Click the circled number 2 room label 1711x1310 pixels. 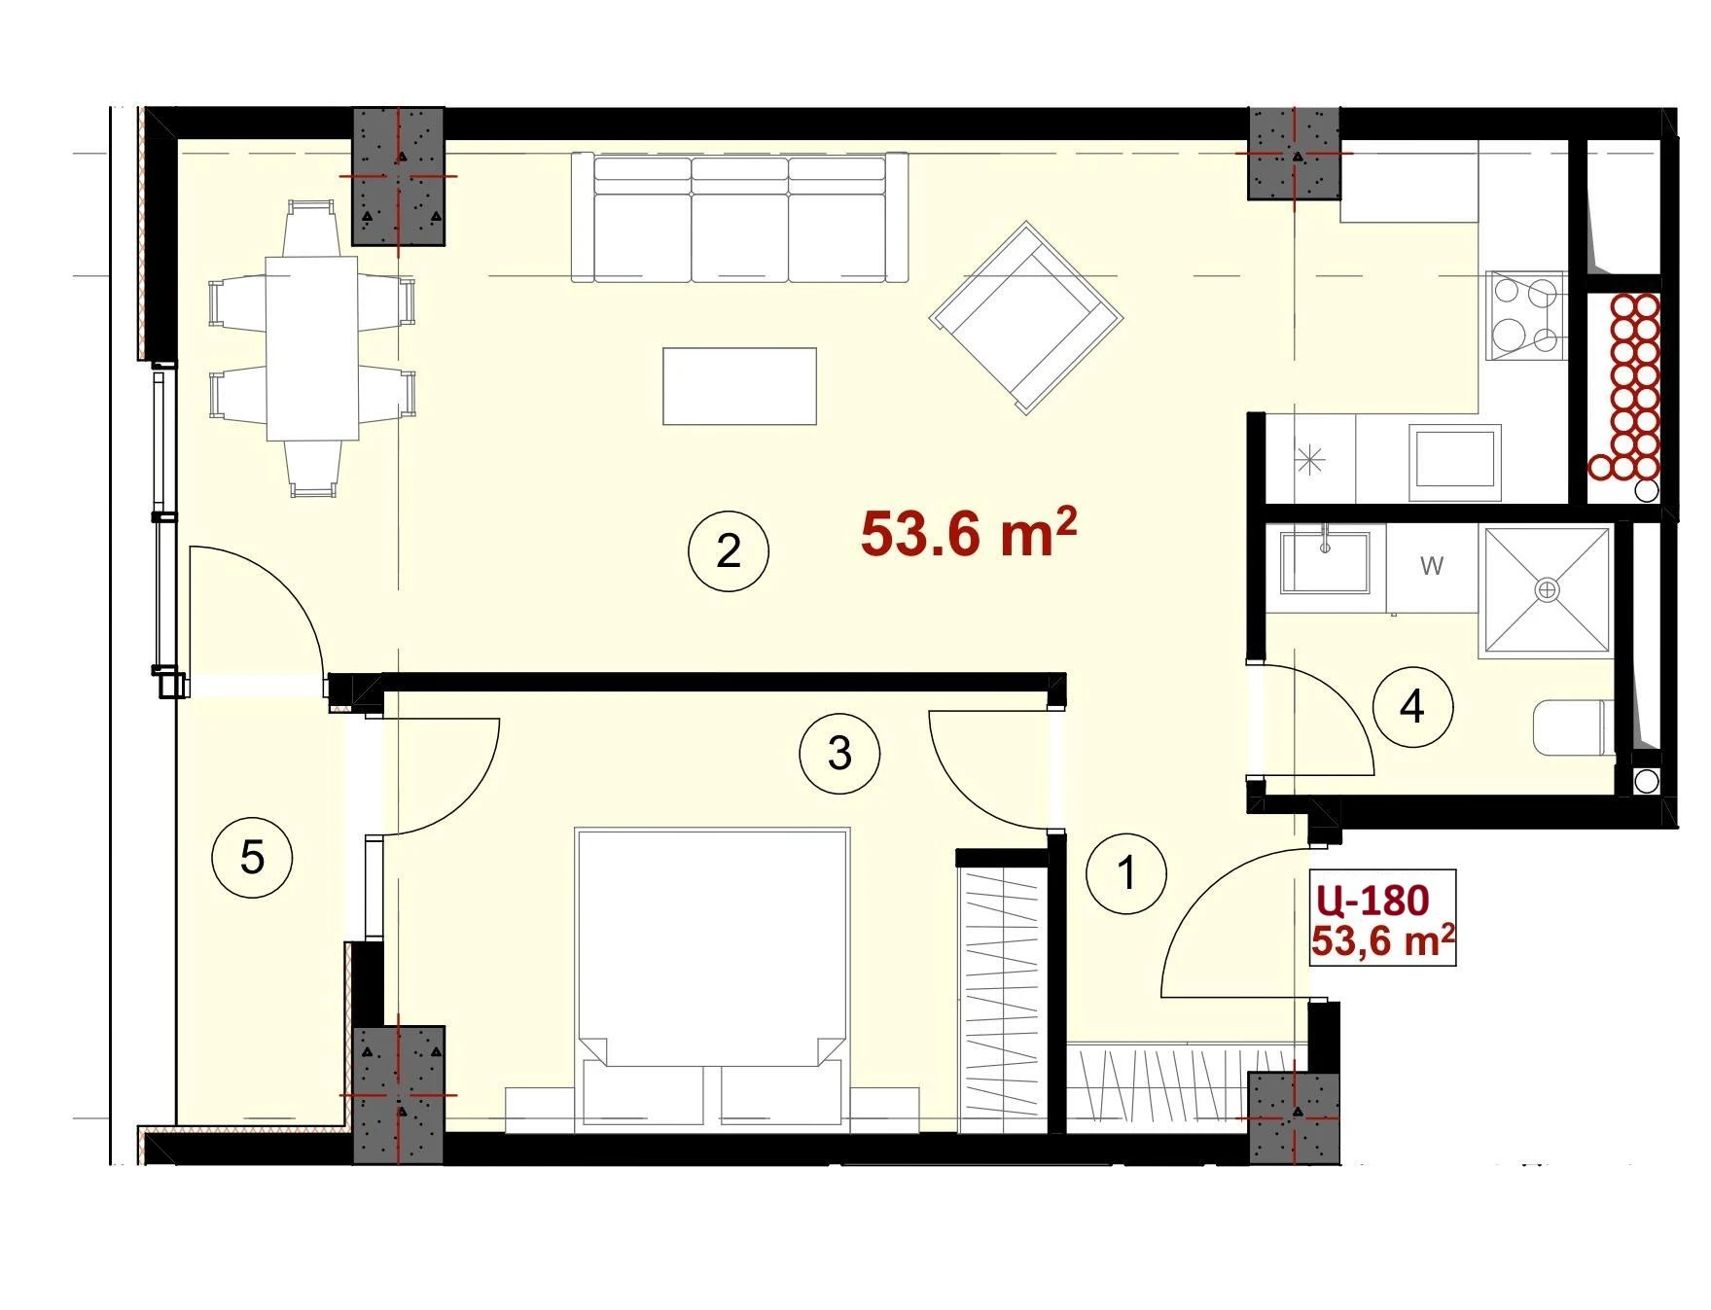click(x=729, y=551)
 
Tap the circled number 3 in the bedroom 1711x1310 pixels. click(x=839, y=753)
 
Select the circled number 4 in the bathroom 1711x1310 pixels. click(x=1412, y=706)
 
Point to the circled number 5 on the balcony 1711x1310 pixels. click(x=252, y=858)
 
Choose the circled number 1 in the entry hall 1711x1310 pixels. click(x=1126, y=872)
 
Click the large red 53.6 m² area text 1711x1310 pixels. click(x=969, y=534)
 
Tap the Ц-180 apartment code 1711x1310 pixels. click(x=1373, y=901)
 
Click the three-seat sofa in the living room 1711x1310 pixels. click(x=739, y=218)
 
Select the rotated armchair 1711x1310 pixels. click(x=1026, y=318)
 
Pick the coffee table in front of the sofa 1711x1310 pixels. click(x=739, y=386)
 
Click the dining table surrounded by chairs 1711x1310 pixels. click(x=312, y=348)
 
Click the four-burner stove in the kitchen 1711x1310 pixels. click(x=1526, y=315)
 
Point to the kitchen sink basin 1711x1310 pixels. click(x=1455, y=458)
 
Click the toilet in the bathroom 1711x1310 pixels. click(x=1572, y=728)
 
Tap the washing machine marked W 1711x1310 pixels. click(x=1432, y=569)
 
